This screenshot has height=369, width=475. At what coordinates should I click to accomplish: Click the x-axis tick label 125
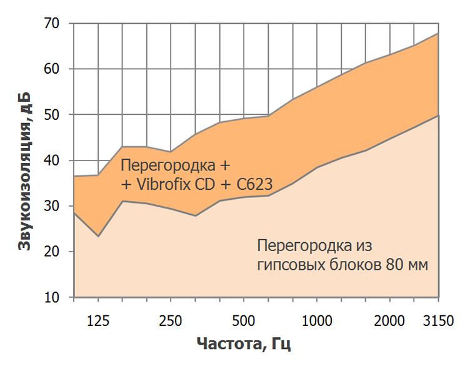[98, 321]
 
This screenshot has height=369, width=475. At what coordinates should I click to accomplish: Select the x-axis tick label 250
[171, 321]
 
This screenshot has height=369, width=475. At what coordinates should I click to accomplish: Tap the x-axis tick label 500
[243, 321]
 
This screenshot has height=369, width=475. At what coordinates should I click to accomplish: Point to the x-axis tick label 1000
[316, 321]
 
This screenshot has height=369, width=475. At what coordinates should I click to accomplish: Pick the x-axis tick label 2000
[389, 321]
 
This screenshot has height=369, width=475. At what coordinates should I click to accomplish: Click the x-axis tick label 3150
[437, 321]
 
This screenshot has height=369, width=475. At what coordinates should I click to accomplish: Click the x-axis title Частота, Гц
[244, 344]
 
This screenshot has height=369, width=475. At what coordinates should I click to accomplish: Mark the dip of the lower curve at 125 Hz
[98, 236]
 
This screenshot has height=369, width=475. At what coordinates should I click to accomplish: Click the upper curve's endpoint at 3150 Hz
[438, 33]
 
